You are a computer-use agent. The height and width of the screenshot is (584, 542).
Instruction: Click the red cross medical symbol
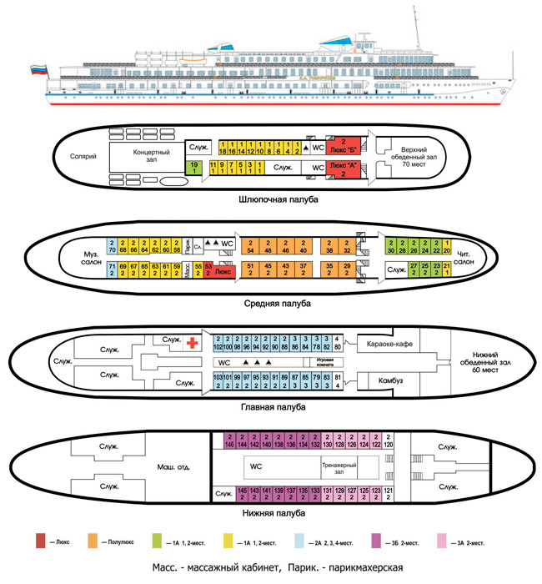192,342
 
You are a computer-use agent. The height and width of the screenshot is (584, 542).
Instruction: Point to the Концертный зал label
152,158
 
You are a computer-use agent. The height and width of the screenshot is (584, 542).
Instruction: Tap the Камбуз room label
388,382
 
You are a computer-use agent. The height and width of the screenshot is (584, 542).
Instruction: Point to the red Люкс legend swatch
42,541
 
